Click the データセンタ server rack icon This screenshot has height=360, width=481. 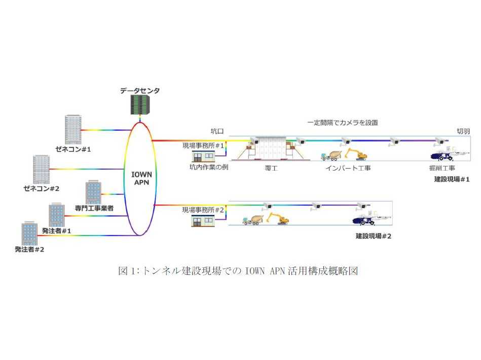(x=139, y=105)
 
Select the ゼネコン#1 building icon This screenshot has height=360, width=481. (x=73, y=130)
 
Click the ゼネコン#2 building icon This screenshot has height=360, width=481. (x=41, y=169)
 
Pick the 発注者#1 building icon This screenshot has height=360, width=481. (x=56, y=215)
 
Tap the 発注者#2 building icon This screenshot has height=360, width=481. (x=29, y=232)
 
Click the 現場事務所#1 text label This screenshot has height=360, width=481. (x=203, y=145)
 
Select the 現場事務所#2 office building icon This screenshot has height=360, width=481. (x=201, y=219)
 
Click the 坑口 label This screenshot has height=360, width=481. (x=217, y=131)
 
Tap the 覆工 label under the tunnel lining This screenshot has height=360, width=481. (x=271, y=168)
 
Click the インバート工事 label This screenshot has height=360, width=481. (x=348, y=168)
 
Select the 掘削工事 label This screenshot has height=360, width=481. (x=442, y=168)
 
